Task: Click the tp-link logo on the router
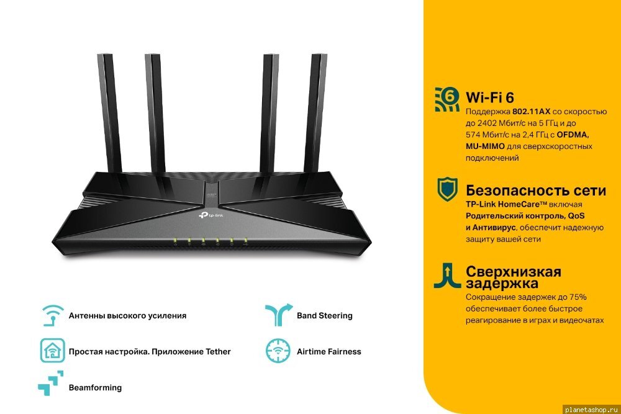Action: pyautogui.click(x=211, y=215)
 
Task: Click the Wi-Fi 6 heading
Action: pyautogui.click(x=490, y=97)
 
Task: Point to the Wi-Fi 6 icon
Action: pyautogui.click(x=447, y=99)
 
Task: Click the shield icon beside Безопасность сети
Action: pyautogui.click(x=448, y=189)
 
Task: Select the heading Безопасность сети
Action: pyautogui.click(x=536, y=191)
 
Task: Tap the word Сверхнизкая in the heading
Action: pyautogui.click(x=514, y=272)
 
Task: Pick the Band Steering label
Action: pyautogui.click(x=325, y=316)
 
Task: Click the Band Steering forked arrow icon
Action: pyautogui.click(x=279, y=315)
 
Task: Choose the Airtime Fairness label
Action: pyautogui.click(x=329, y=351)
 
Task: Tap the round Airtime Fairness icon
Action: pyautogui.click(x=278, y=351)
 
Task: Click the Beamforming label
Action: pyautogui.click(x=95, y=388)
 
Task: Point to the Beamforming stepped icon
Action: pyautogui.click(x=51, y=383)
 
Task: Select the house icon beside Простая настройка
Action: pyautogui.click(x=52, y=351)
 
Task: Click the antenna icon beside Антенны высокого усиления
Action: pyautogui.click(x=52, y=315)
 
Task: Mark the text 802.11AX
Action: pyautogui.click(x=531, y=112)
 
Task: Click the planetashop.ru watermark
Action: pyautogui.click(x=592, y=410)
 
